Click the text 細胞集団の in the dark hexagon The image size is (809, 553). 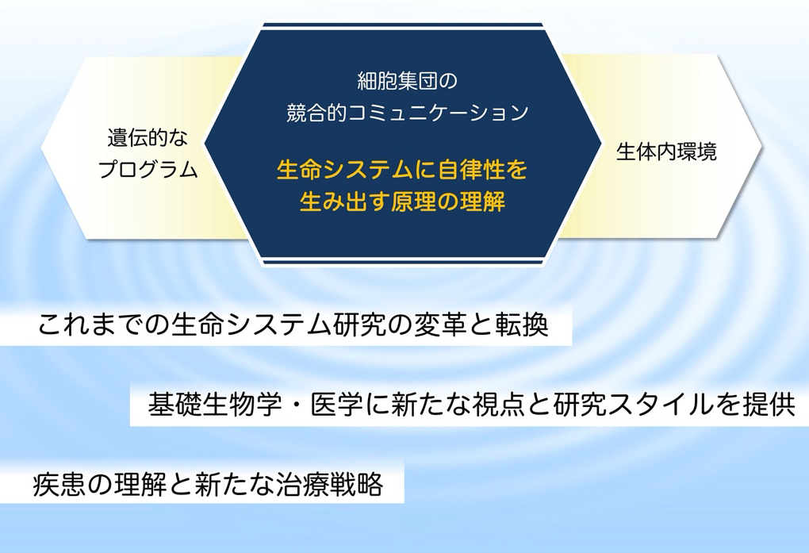407,81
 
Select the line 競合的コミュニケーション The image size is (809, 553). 407,113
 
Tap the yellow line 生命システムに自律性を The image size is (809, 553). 402,170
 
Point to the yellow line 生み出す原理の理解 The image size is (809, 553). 402,202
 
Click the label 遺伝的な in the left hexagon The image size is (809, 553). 148,137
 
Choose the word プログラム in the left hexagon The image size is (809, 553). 148,169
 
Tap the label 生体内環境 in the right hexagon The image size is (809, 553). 666,152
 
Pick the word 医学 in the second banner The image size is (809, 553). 336,405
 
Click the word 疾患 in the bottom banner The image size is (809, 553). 59,484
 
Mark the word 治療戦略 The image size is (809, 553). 330,484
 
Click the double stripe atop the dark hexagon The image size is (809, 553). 402,27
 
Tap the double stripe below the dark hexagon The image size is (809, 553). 403,260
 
